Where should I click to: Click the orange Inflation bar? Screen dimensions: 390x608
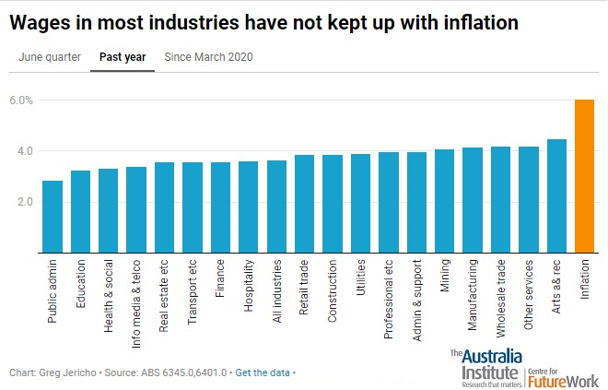click(x=584, y=175)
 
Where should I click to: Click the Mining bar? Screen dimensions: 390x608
click(x=444, y=200)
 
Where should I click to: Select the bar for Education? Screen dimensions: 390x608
click(x=80, y=211)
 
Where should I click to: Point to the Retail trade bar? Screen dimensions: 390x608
click(x=304, y=203)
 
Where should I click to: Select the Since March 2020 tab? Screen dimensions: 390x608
click(x=208, y=57)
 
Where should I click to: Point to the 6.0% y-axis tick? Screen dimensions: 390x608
click(x=21, y=100)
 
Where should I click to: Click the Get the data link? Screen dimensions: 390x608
click(x=263, y=372)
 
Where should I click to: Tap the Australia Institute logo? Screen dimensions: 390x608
click(x=485, y=367)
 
